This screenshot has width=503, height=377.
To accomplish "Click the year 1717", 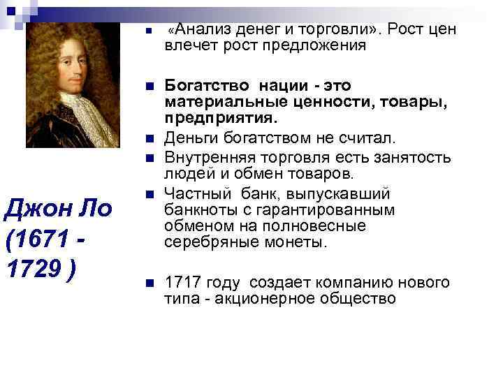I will click(x=181, y=283).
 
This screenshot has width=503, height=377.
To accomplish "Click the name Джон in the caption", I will click(x=35, y=209).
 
